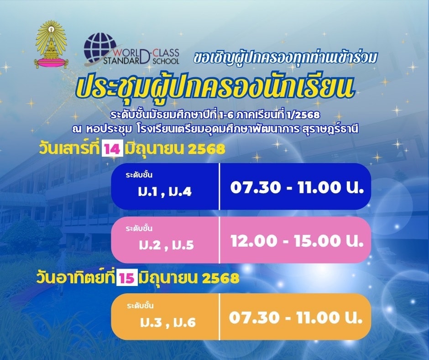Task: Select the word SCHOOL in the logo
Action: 166,61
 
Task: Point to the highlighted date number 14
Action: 112,149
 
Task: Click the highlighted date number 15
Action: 127,279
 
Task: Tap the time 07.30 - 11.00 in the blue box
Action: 297,187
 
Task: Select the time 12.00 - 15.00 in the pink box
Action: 297,241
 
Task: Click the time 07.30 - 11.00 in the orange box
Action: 296,318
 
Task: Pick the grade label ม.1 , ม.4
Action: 165,192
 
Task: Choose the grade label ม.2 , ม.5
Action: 166,245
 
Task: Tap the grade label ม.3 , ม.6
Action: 168,322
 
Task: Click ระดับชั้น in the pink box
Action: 139,228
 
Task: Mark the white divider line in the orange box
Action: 220,317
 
